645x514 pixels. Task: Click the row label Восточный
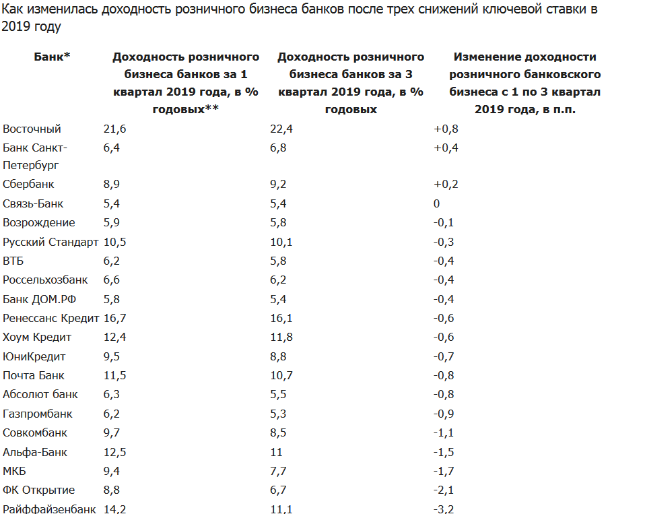(x=32, y=129)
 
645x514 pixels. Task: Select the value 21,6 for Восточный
(x=114, y=129)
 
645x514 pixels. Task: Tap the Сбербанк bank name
(x=28, y=184)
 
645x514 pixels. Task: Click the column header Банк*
(x=53, y=57)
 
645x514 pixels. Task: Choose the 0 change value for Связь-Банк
(x=437, y=203)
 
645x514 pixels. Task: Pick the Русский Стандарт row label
(x=50, y=242)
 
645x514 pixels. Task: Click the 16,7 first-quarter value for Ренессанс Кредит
(x=114, y=318)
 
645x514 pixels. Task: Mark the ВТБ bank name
(x=13, y=261)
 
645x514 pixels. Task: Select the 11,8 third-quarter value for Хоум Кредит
(x=281, y=337)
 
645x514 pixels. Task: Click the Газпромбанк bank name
(x=38, y=414)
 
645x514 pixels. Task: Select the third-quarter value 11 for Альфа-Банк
(x=276, y=452)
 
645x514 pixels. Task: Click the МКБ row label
(x=14, y=471)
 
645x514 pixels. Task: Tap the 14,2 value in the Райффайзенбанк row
(x=114, y=509)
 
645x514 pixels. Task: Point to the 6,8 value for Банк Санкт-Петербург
(x=277, y=148)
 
